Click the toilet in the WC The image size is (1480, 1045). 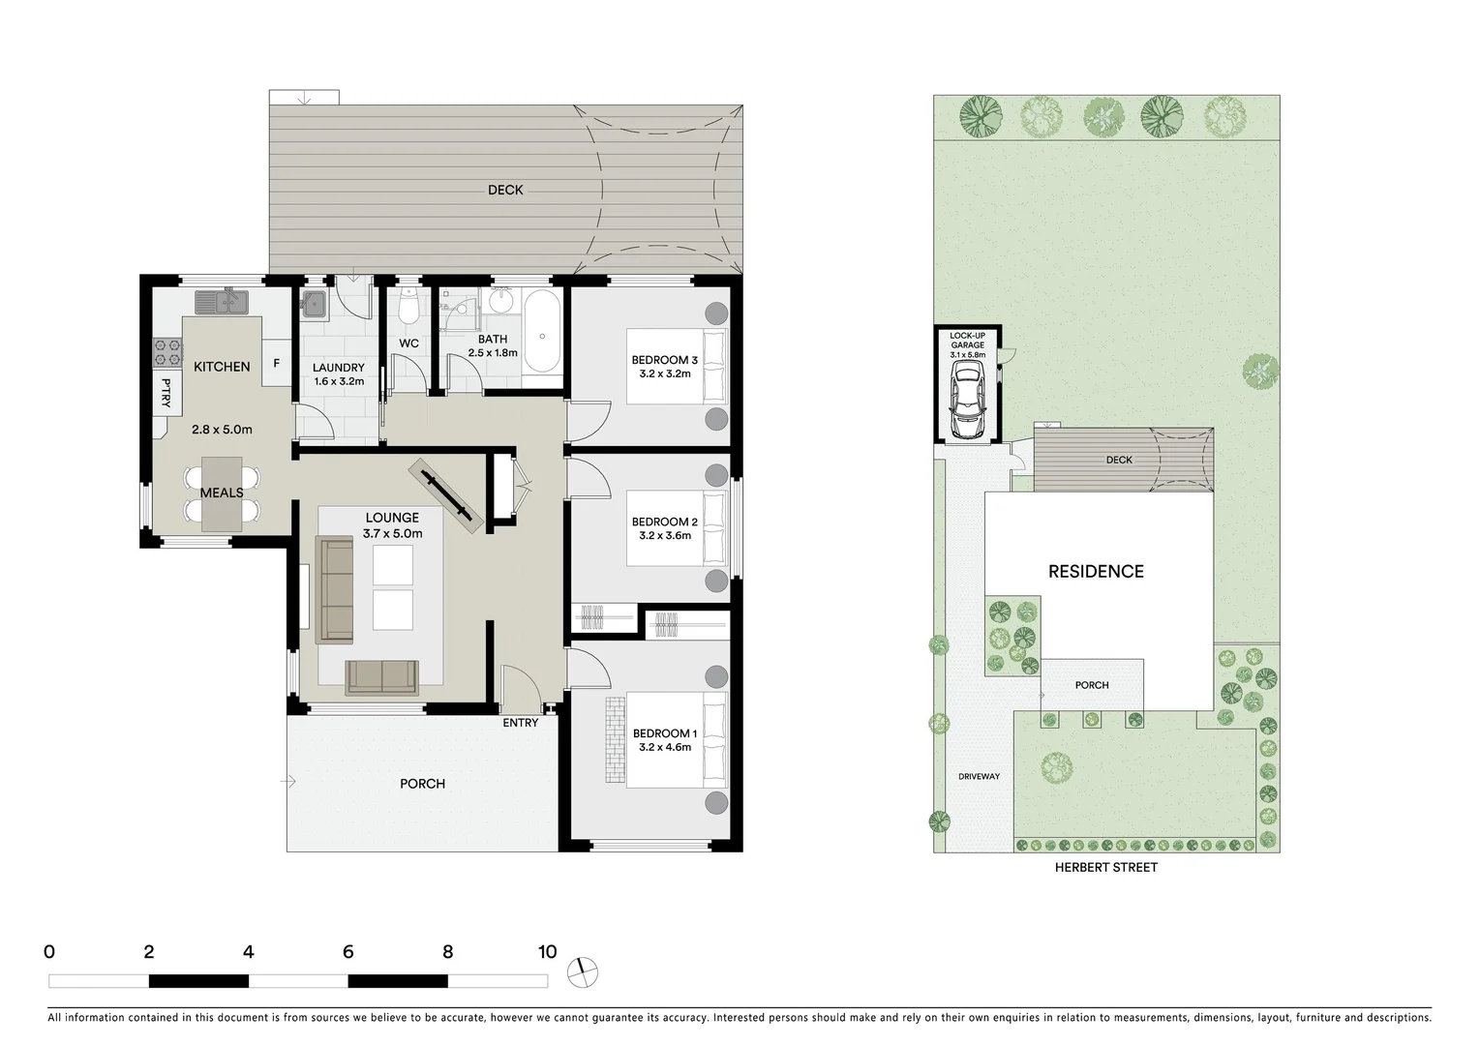408,307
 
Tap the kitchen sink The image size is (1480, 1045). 222,303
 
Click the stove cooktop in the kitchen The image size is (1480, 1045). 167,351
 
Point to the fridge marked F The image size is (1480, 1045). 277,364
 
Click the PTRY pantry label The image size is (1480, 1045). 166,392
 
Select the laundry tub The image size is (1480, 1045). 314,304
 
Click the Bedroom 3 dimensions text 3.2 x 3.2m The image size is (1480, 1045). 664,373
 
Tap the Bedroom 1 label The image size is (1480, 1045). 664,733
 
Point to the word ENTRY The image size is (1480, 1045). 521,723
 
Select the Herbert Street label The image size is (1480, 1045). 1106,868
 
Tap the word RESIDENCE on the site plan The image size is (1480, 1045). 1096,572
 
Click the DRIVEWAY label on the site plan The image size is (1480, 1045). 979,777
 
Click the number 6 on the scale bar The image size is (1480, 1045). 347,952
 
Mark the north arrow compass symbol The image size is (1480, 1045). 584,972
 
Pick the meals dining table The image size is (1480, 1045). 222,493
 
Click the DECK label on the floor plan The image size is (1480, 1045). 505,191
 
